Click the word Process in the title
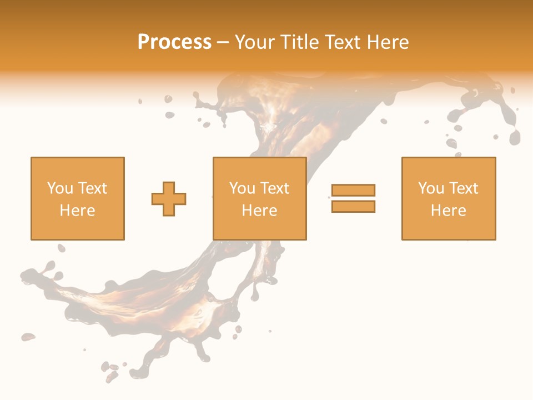(x=174, y=42)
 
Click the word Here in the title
(x=389, y=42)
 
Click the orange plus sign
(x=169, y=199)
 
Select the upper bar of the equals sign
(x=353, y=191)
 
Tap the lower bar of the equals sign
(x=353, y=206)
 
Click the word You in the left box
(x=59, y=188)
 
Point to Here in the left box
(x=78, y=211)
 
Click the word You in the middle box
(x=242, y=188)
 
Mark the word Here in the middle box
(x=260, y=211)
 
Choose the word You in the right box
(x=430, y=188)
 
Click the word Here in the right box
(x=449, y=211)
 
